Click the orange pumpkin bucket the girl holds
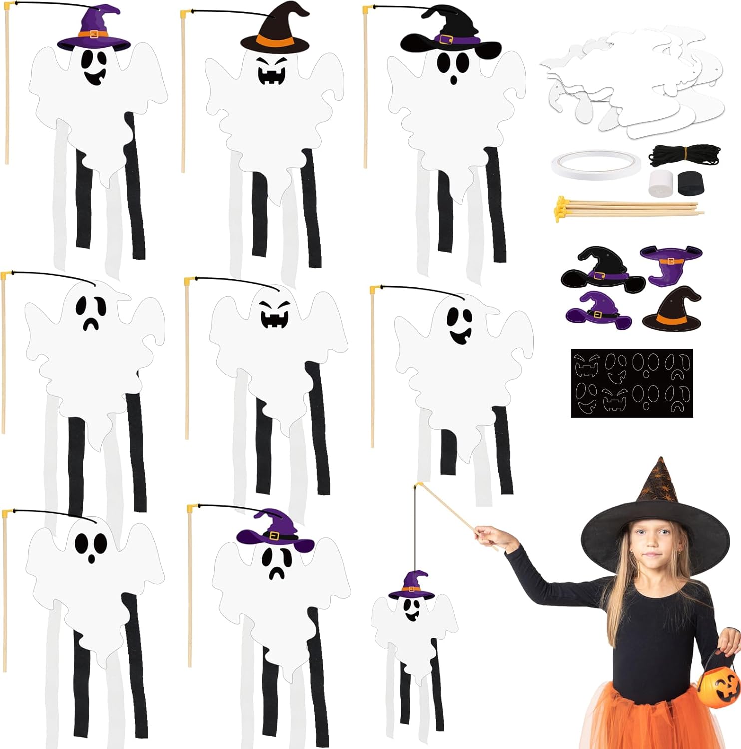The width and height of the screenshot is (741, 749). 720,681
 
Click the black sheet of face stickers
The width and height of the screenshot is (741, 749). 632,383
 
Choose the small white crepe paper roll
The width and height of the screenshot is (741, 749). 662,183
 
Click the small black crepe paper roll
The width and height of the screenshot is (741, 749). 690,183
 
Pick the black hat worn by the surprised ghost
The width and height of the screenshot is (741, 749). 449,35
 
